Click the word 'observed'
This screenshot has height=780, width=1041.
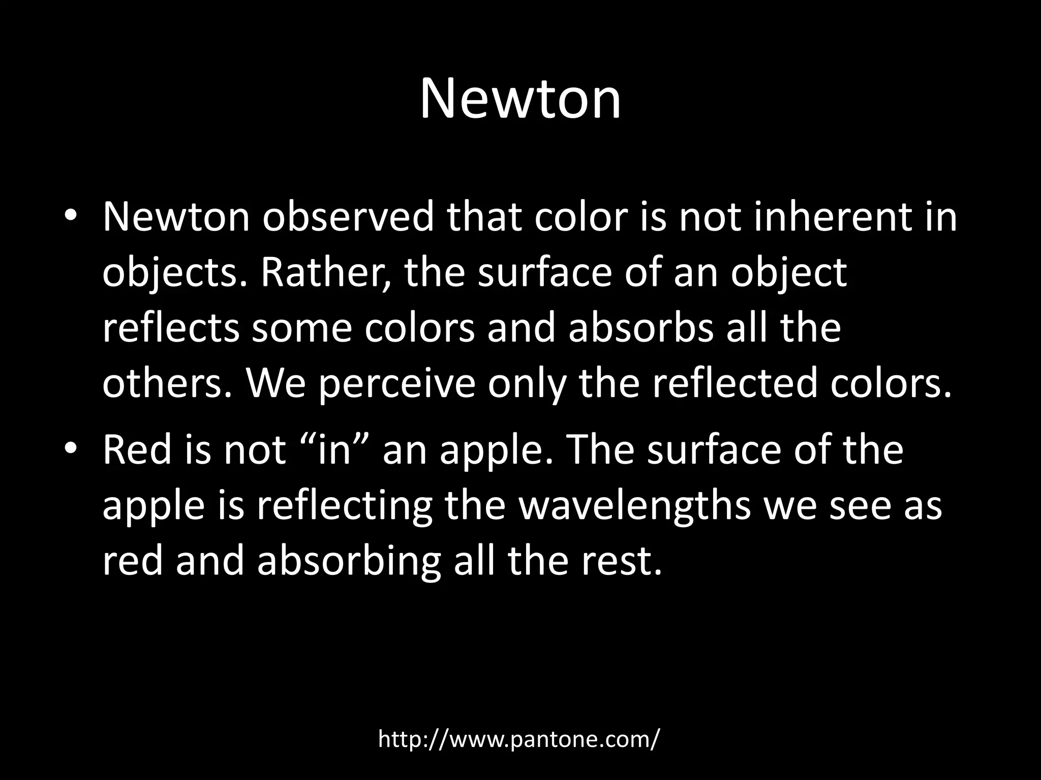[348, 216]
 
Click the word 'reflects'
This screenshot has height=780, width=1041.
[171, 328]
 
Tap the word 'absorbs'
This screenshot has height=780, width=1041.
[641, 328]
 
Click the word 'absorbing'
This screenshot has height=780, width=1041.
[349, 563]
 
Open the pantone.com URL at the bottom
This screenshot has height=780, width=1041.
[519, 739]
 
